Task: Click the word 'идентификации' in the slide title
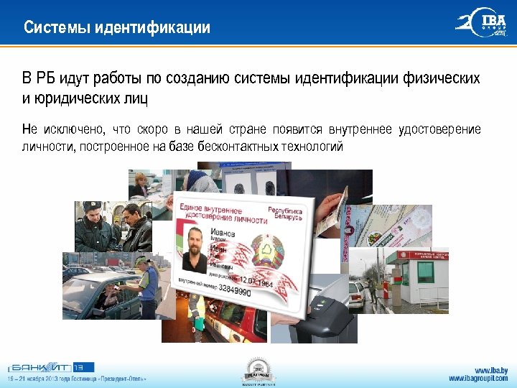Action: (159, 28)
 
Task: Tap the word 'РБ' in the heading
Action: (47, 78)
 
